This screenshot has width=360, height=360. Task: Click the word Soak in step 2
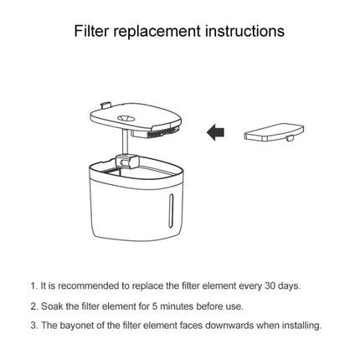click(x=53, y=306)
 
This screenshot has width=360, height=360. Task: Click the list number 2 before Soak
click(x=33, y=306)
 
